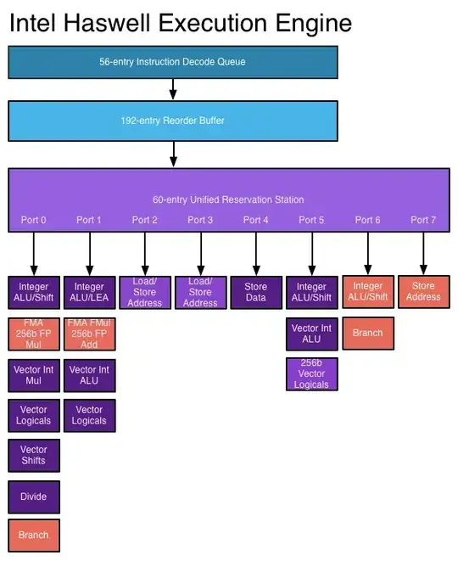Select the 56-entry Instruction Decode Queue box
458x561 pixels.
173,62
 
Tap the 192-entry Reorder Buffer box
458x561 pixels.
173,121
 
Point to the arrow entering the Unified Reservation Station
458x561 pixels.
173,154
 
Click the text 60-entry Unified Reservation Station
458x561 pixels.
227,199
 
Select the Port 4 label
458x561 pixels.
255,220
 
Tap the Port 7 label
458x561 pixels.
423,220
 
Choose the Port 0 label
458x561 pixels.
34,220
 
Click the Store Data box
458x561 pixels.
255,292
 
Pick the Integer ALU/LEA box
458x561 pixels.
89,292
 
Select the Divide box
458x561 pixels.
34,496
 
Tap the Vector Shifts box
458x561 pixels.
34,455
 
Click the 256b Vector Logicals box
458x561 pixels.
311,373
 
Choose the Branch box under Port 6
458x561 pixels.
367,333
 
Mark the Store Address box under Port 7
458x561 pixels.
423,291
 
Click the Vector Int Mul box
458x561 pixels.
34,375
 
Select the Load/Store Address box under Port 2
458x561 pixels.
145,292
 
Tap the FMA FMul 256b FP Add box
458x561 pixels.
89,334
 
